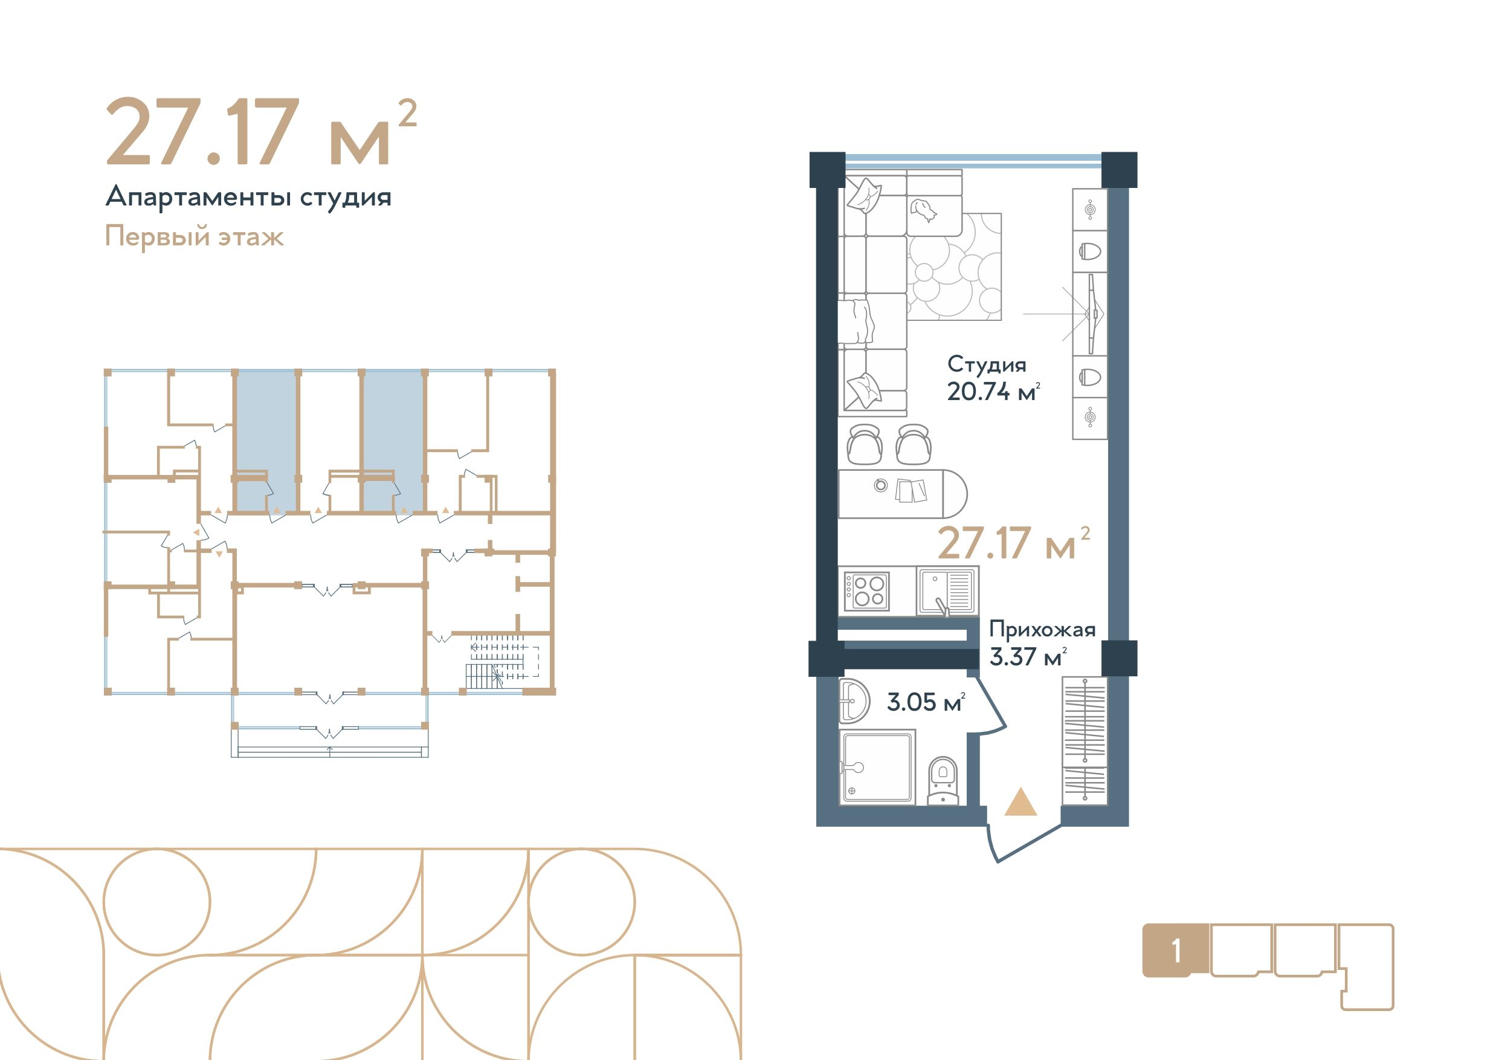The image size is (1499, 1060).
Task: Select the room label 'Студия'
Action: point(987,365)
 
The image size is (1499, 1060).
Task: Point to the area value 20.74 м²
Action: point(993,392)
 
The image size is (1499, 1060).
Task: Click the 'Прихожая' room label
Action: point(1042,630)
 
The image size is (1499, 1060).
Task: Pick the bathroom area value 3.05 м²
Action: point(926,702)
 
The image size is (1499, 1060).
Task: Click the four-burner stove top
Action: point(866,591)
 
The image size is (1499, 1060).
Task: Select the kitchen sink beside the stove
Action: point(947,591)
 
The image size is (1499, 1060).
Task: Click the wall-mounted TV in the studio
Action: point(1091,314)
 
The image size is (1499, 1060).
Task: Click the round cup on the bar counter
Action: point(881,485)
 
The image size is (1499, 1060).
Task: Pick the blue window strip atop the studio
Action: point(973,161)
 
